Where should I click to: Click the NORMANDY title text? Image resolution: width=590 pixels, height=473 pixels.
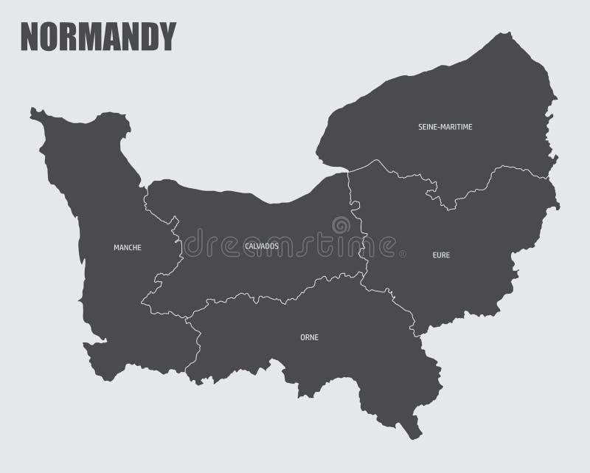[x=98, y=35]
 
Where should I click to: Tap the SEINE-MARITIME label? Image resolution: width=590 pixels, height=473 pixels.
[x=445, y=127]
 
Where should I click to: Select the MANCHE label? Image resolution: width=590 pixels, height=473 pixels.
[x=128, y=247]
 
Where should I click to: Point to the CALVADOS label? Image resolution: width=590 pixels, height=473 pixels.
[x=261, y=245]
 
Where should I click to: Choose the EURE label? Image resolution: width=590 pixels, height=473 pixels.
[x=441, y=255]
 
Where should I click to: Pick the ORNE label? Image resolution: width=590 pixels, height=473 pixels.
[x=309, y=337]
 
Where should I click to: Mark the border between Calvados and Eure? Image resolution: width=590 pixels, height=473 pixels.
[x=357, y=221]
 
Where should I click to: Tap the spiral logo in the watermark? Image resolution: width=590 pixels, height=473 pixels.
[x=341, y=225]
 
